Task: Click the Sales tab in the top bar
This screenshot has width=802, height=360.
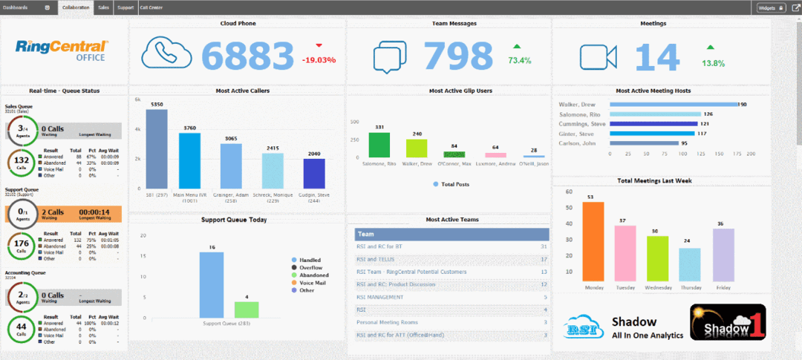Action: (x=104, y=7)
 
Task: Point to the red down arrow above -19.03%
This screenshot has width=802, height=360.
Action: (x=319, y=45)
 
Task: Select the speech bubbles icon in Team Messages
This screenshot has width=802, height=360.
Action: (x=390, y=56)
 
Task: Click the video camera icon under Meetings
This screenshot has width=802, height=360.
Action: (x=599, y=56)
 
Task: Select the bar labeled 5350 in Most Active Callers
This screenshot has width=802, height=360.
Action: (x=157, y=148)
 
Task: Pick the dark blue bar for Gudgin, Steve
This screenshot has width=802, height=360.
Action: (x=314, y=173)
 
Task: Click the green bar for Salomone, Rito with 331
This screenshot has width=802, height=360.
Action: (x=379, y=145)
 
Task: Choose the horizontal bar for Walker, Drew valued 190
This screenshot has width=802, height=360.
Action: (x=673, y=105)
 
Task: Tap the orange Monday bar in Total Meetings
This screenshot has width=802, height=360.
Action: (x=593, y=241)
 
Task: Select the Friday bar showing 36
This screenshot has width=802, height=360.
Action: (x=723, y=255)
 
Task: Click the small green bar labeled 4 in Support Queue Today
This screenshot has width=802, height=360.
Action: (x=247, y=310)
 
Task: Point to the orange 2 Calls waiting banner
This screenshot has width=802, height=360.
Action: (x=63, y=215)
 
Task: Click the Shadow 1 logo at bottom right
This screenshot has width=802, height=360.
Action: (x=727, y=321)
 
